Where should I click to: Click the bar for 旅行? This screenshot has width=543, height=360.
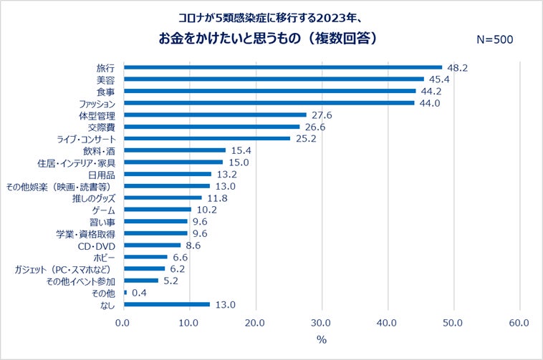coord(283,67)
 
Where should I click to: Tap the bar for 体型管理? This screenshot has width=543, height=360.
coord(215,115)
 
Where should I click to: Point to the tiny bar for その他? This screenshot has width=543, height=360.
coord(125,292)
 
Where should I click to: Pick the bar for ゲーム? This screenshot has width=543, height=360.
coord(158,210)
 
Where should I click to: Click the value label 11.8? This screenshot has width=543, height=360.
coord(216,198)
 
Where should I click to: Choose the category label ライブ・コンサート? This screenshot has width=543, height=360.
coord(81,138)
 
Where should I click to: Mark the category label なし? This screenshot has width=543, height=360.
coord(107,304)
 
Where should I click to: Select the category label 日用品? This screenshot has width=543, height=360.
coord(102,174)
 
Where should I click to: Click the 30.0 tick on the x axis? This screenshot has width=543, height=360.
coord(322,323)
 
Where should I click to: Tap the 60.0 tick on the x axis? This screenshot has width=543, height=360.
coord(519,323)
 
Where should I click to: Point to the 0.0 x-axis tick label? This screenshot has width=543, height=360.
coord(124,323)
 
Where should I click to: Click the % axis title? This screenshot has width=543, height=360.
coord(321,339)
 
